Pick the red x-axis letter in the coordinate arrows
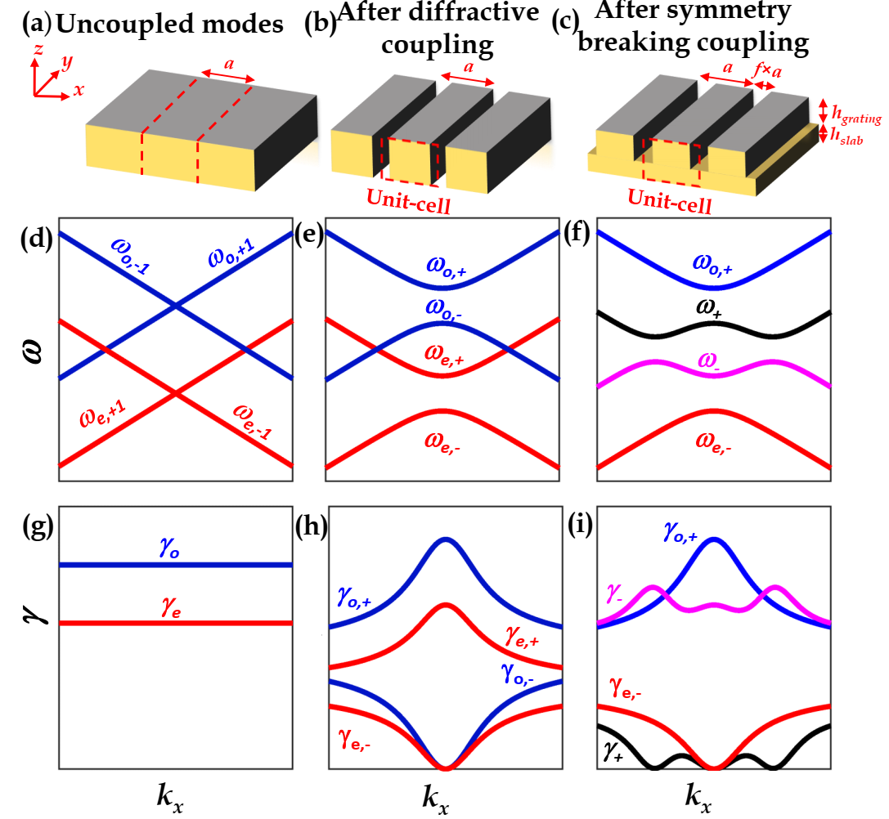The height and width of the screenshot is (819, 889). click(x=79, y=90)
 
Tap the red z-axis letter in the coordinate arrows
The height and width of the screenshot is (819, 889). click(x=38, y=51)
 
